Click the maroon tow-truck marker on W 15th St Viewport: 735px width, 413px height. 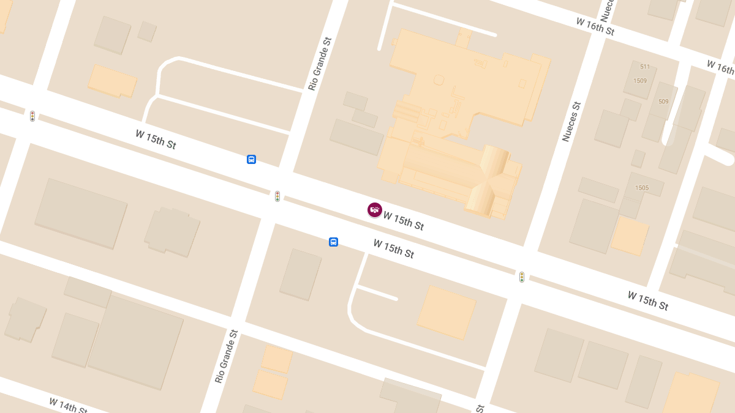375,210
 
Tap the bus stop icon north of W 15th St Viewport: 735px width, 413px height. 251,160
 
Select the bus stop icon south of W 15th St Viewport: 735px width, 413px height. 333,242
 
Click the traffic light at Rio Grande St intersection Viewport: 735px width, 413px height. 277,196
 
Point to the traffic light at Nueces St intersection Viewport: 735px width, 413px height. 522,277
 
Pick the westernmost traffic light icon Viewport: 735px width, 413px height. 32,116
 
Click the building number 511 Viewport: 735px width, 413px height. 645,67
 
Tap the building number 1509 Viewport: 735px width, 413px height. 640,81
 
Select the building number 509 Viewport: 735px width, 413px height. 663,102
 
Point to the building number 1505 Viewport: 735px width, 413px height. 642,188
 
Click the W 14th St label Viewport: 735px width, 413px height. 68,405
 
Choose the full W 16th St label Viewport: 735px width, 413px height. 595,26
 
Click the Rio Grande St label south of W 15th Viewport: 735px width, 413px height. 226,356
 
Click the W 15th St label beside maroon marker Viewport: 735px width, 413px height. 403,221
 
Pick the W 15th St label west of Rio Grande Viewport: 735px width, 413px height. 156,139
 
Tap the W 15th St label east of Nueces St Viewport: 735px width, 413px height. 647,300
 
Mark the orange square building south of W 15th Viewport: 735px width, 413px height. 447,312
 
